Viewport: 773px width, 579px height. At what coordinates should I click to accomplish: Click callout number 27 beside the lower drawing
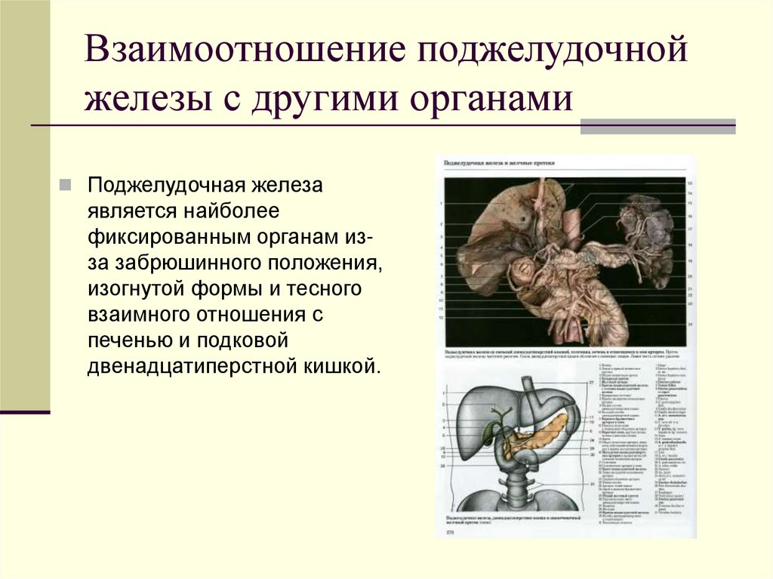pos(592,383)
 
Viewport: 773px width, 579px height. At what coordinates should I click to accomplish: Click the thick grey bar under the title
pos(658,127)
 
